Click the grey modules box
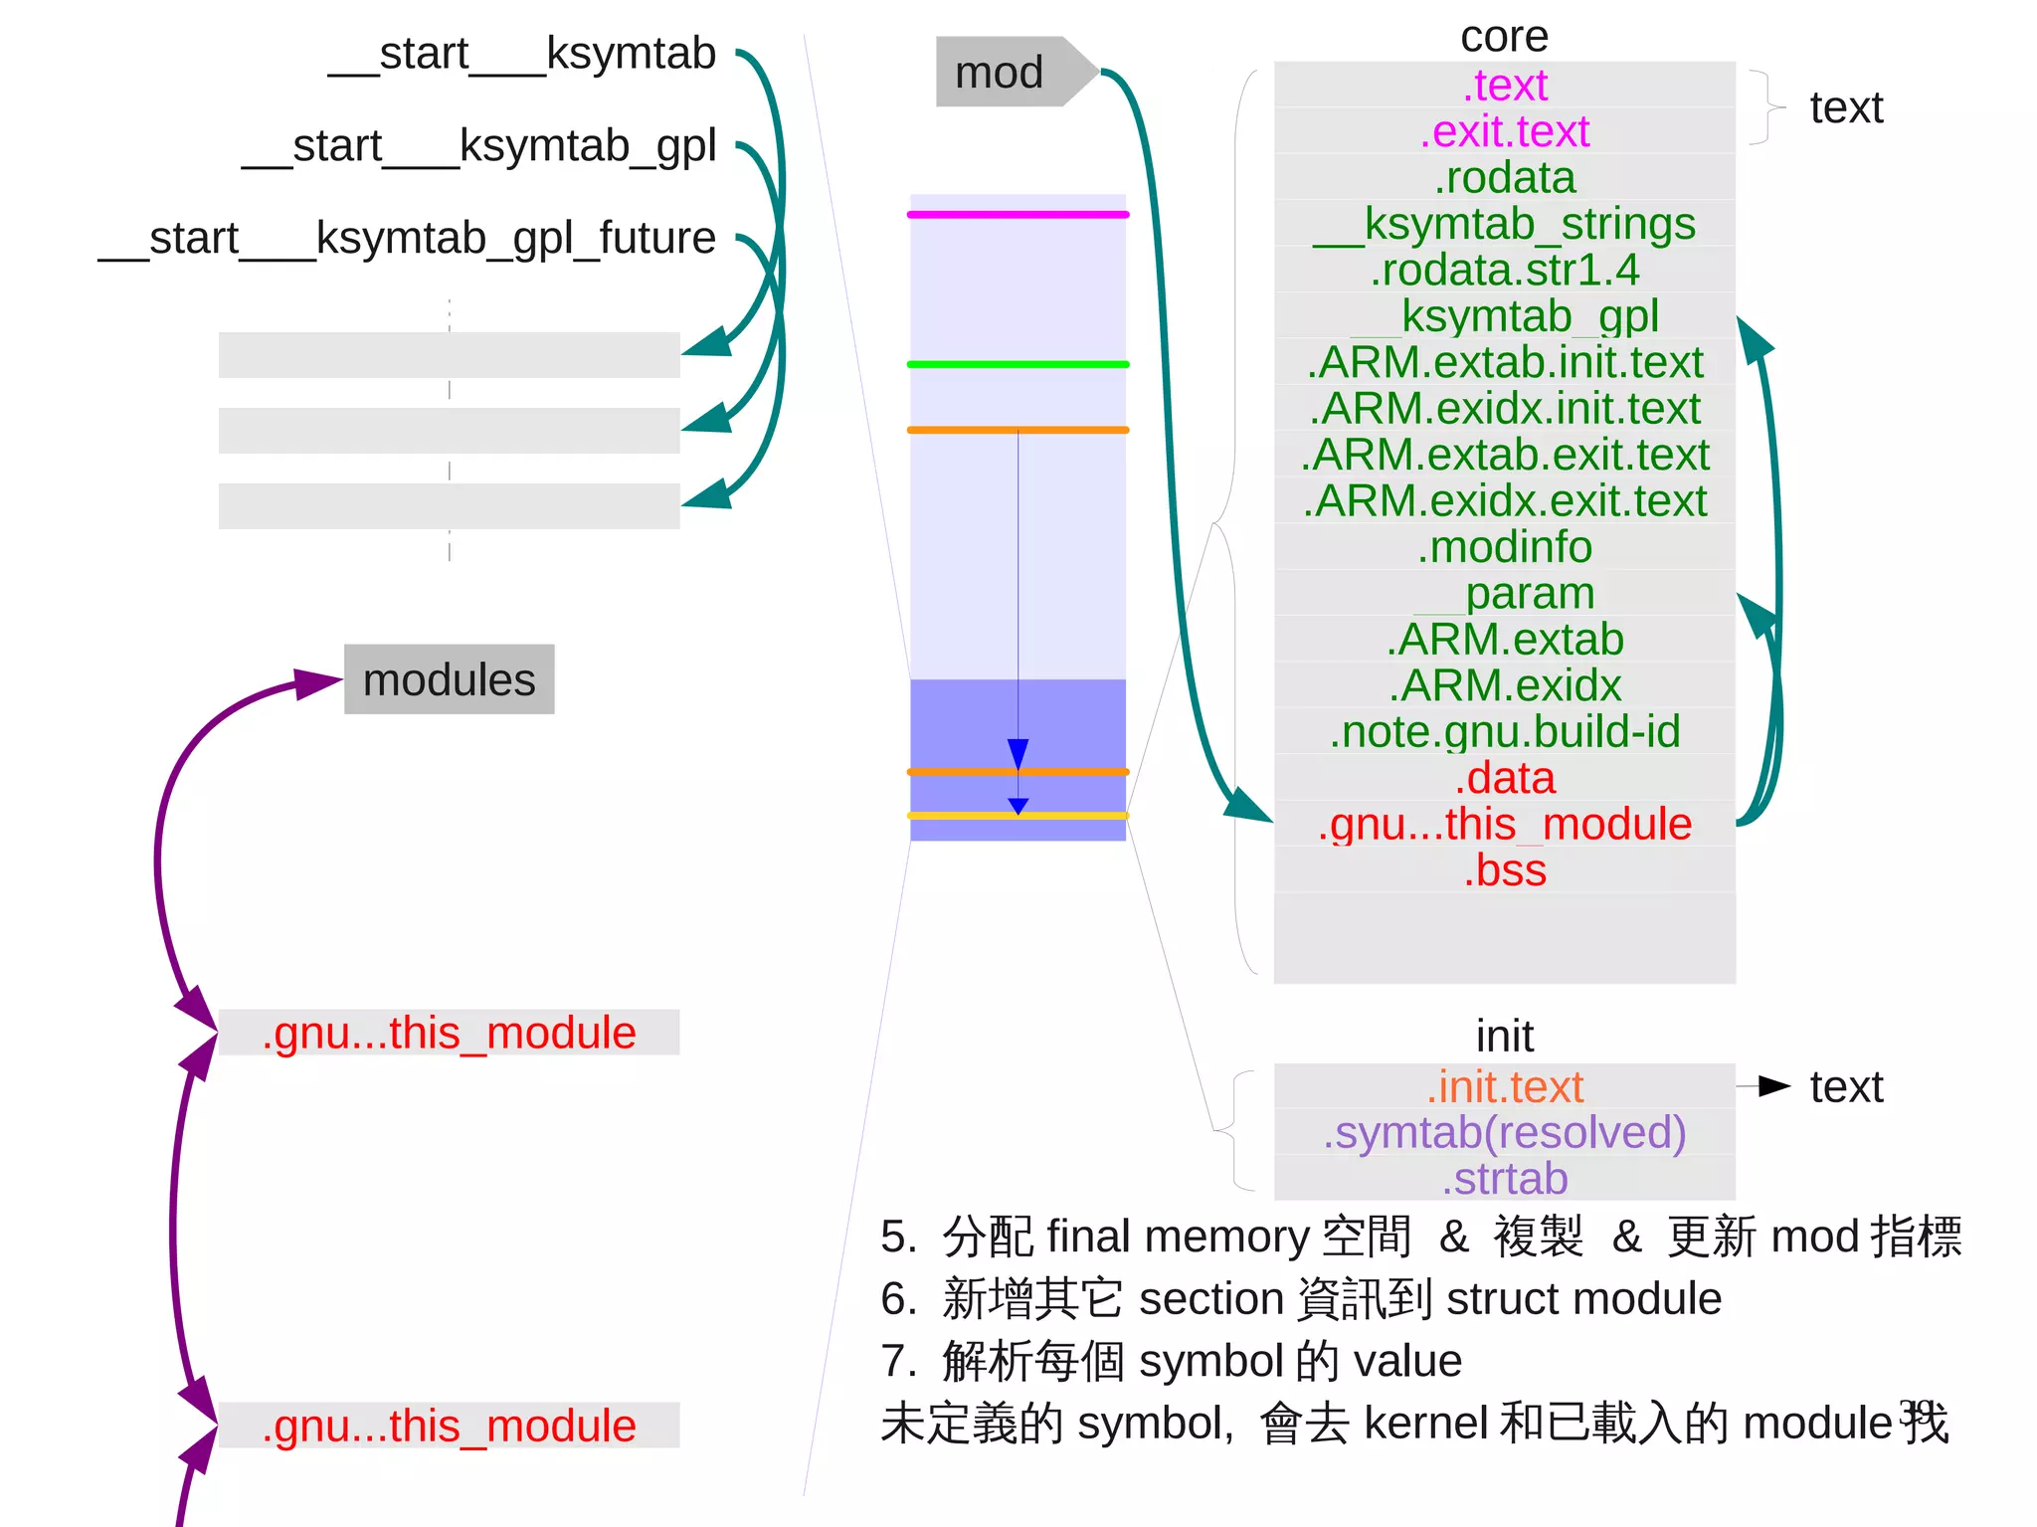coord(449,680)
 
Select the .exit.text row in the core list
coord(1504,131)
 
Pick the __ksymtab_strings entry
coord(1504,224)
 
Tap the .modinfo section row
coord(1504,547)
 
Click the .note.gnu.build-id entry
coord(1504,731)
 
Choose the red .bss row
coord(1504,870)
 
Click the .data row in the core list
coord(1504,778)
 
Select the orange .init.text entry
coord(1504,1087)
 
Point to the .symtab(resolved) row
coord(1504,1133)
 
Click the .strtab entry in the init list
coord(1504,1179)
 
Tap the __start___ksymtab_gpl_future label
coord(407,239)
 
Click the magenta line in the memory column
coord(1018,215)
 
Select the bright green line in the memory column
coord(1018,365)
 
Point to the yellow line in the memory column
coord(1018,816)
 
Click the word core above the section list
coord(1504,37)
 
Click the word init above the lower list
coord(1504,1037)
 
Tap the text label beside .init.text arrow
coord(1846,1087)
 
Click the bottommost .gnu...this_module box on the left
coord(449,1426)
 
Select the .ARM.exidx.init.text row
coord(1504,409)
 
